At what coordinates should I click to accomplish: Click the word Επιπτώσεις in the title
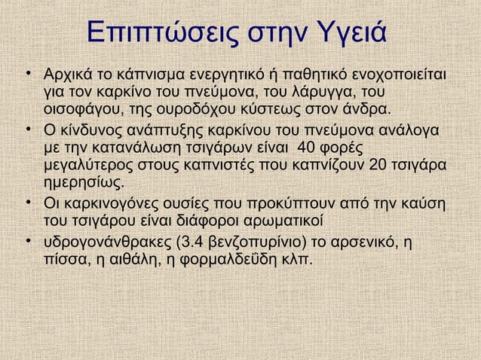coord(155,34)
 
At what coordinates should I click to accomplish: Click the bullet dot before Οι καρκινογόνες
coord(27,203)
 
